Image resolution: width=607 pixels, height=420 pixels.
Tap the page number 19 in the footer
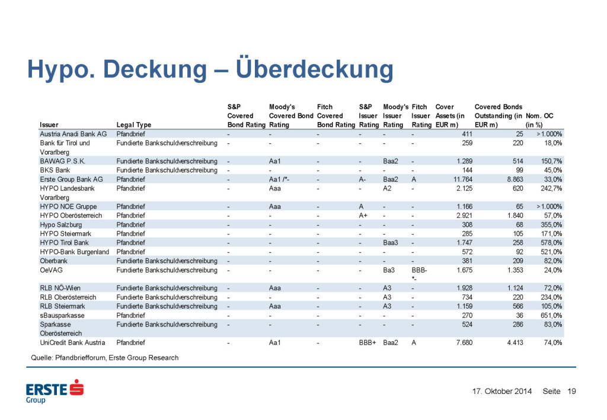572,391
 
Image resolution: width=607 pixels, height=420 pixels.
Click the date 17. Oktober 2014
501,391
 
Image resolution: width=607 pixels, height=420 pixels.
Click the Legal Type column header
134,125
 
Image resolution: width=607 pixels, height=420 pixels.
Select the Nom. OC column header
543,120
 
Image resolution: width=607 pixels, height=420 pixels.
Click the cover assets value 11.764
449,179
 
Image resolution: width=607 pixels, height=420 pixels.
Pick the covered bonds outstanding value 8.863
509,179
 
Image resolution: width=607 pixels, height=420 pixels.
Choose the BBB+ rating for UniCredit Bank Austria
368,342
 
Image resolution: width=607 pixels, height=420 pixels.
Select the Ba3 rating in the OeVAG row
389,270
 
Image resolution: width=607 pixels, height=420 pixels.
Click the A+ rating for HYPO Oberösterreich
363,216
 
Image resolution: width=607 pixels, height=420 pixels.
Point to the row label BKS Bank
55,170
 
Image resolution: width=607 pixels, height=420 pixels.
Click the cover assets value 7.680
450,342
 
